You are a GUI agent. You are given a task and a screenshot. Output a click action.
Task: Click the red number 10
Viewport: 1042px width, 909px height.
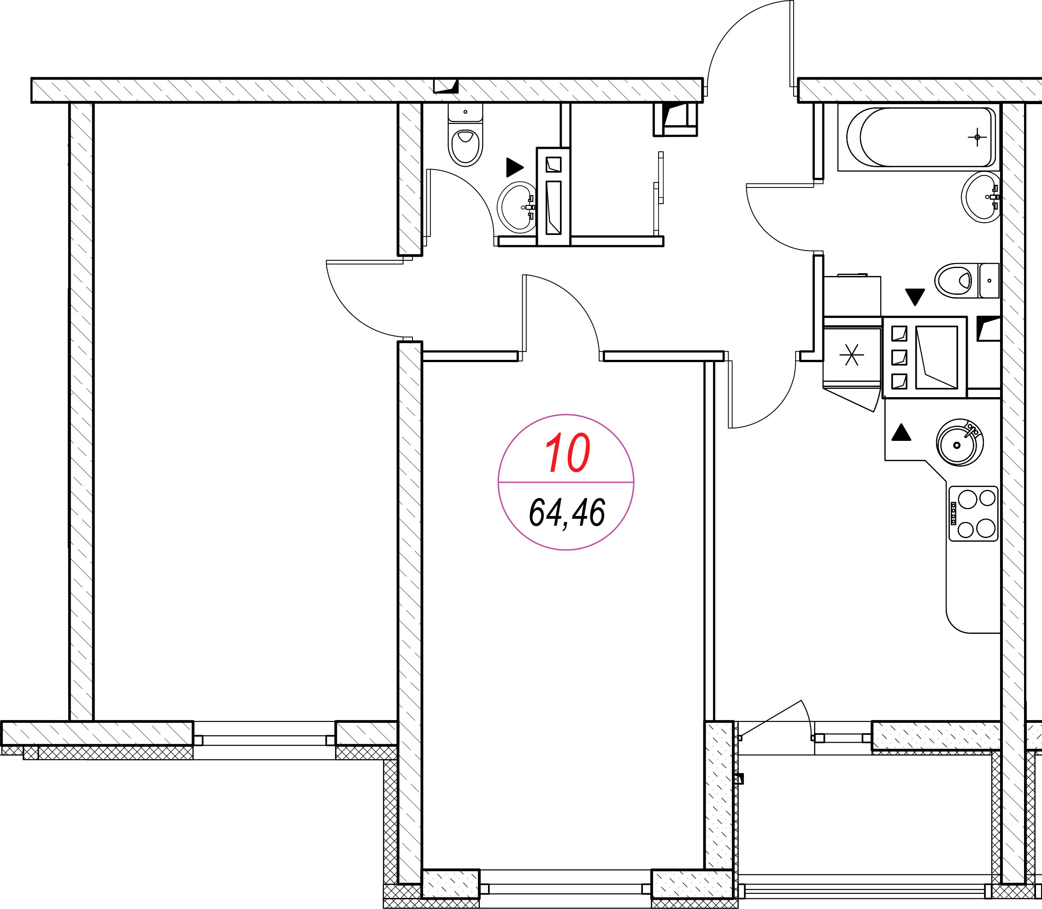567,452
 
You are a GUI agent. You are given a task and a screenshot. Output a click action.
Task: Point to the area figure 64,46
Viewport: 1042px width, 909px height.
567,513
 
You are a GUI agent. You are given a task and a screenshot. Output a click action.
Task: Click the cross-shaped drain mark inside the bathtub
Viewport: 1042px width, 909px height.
977,137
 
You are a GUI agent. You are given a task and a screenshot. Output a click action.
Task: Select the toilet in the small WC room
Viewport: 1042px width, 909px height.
465,135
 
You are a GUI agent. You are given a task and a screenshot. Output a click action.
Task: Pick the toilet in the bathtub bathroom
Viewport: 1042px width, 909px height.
967,281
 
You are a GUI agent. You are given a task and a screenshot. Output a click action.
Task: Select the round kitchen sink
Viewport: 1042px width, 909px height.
960,443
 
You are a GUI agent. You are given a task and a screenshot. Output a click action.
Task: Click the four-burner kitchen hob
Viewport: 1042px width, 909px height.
973,513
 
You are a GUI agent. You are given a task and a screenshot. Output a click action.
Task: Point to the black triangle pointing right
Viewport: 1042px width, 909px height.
515,167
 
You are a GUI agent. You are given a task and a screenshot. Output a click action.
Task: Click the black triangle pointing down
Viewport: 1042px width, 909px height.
915,297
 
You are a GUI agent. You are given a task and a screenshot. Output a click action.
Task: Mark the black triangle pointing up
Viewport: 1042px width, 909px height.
901,432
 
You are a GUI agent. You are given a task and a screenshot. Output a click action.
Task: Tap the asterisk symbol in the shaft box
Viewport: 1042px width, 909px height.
851,355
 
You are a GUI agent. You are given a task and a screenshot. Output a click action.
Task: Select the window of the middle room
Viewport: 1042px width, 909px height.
565,889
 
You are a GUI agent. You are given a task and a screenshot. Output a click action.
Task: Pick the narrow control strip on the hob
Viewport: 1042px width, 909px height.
953,513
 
